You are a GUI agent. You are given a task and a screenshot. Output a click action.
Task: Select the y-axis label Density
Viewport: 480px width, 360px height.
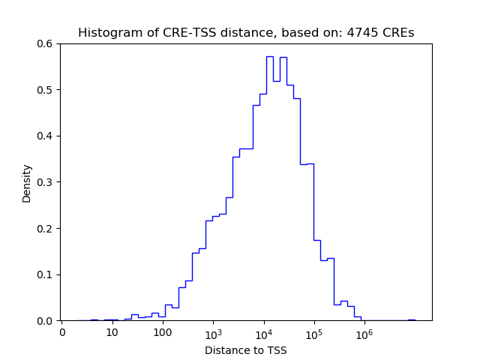coord(27,182)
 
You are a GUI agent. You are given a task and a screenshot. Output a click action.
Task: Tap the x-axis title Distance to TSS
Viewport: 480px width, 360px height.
coord(246,350)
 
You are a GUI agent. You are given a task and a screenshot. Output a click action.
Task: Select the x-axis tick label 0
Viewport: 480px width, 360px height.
coord(62,332)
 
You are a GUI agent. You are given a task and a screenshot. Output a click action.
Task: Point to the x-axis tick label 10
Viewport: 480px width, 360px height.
coord(112,332)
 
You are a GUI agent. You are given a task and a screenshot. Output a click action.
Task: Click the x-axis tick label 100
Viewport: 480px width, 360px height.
coord(163,332)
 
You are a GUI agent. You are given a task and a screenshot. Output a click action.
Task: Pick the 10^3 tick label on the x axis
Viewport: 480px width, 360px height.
coord(213,331)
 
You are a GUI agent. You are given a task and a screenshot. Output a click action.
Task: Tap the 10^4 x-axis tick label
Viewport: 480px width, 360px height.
coord(263,331)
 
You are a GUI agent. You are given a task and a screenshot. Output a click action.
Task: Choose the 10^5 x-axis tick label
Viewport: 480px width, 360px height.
coord(313,331)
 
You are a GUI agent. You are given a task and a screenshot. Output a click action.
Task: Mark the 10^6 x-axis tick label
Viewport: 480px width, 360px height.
coord(364,331)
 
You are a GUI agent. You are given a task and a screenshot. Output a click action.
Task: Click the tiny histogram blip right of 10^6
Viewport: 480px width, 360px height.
coord(412,319)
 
